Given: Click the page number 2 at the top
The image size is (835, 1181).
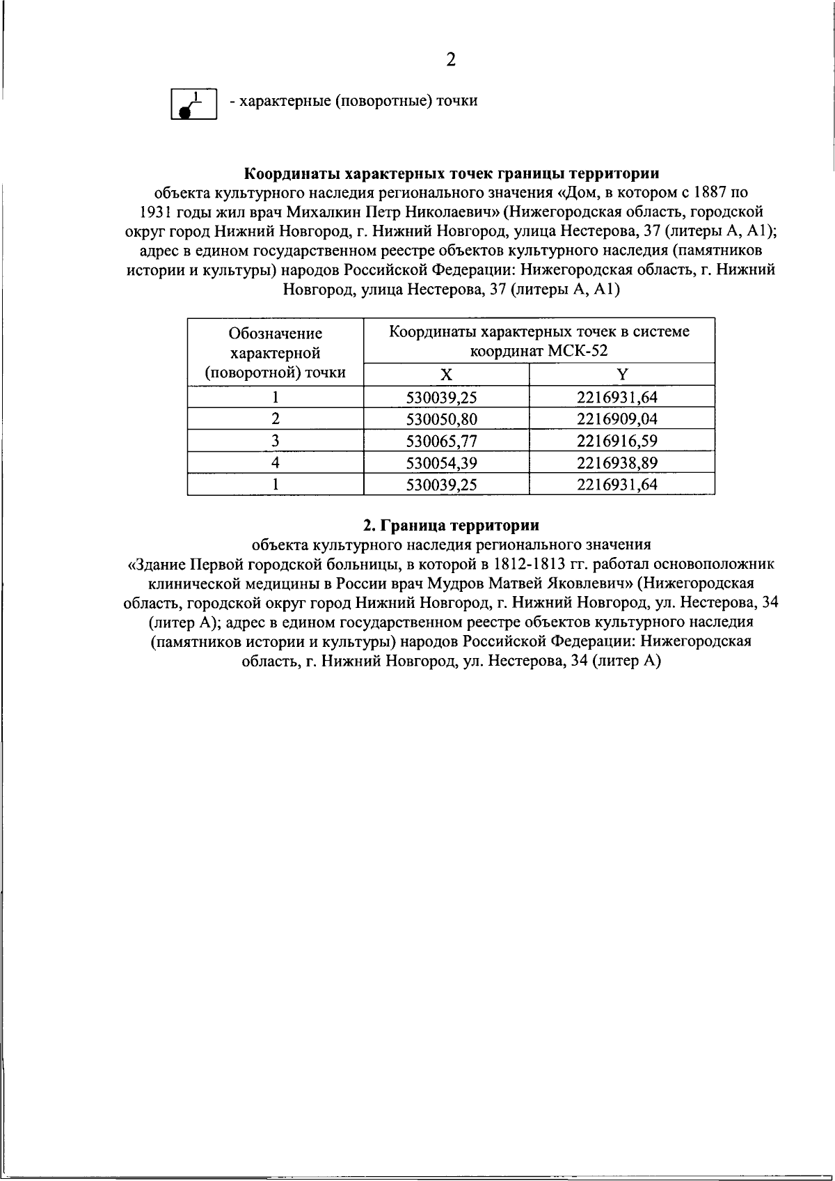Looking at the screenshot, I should click(x=451, y=60).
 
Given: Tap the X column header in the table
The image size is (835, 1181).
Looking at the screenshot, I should click(x=446, y=375).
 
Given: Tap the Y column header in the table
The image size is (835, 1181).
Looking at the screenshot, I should click(x=622, y=375).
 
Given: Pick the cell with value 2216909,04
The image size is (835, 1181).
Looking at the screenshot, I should click(x=617, y=419).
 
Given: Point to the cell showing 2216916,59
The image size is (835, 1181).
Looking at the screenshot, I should click(x=617, y=441).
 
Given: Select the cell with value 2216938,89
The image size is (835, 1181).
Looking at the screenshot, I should click(x=617, y=463).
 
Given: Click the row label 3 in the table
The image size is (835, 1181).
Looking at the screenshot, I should click(x=276, y=441).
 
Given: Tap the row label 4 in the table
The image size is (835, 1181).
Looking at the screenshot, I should click(x=276, y=463).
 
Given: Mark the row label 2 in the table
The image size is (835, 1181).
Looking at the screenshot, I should click(x=276, y=419).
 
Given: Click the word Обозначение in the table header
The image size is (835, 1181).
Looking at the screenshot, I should click(x=276, y=334).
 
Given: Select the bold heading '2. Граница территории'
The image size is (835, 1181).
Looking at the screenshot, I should click(x=451, y=524).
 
